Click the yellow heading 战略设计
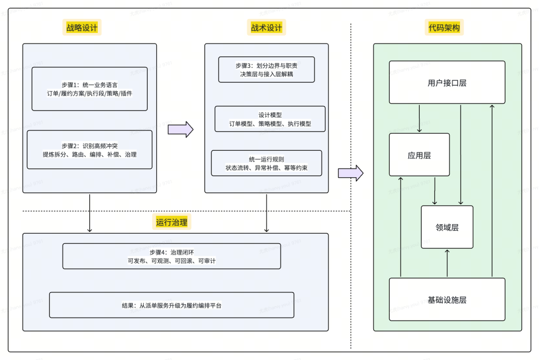(x=82, y=27)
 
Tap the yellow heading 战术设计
(x=267, y=27)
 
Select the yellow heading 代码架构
(x=444, y=27)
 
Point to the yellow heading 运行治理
(x=172, y=222)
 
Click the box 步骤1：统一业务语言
(x=90, y=89)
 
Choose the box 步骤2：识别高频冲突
(x=90, y=150)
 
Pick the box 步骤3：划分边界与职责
(x=267, y=69)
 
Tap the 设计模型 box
(x=270, y=119)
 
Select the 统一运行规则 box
(x=267, y=163)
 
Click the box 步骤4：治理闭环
(x=172, y=256)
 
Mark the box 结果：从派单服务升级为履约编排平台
(x=172, y=305)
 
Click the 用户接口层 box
(x=447, y=82)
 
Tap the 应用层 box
(x=419, y=155)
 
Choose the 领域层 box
(x=447, y=227)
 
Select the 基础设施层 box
(x=447, y=300)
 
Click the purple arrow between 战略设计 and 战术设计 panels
(x=181, y=130)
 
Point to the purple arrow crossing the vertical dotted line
(x=351, y=173)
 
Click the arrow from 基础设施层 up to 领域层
(x=447, y=263)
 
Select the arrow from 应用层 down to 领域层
(x=435, y=191)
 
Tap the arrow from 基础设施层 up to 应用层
(x=400, y=227)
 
